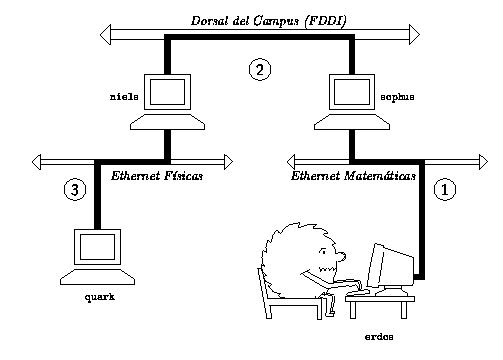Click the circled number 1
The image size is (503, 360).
coord(445,189)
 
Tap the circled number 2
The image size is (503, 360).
coord(260,69)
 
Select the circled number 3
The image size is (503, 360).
coord(75,189)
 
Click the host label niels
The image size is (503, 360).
coord(124,97)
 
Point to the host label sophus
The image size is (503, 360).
coord(397,97)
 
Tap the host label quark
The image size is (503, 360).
coord(100,297)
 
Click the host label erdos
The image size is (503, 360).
coord(379,337)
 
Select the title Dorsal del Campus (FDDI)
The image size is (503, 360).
coord(269,21)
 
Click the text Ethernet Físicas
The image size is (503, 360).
coord(157,176)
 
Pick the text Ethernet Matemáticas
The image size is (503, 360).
coord(353,176)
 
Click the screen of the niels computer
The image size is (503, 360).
coord(167,92)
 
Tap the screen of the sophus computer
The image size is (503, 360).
coord(352,92)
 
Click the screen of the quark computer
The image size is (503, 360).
coord(97,247)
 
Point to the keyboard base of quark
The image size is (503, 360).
coord(97,277)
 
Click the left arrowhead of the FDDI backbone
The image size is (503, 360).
coord(105,34)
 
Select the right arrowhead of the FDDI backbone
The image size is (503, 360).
coord(414,34)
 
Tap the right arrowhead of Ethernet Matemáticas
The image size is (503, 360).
coord(483,162)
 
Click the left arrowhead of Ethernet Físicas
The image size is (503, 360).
coord(36,162)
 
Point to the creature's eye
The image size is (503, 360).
coord(322,251)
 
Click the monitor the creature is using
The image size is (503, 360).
coord(390,267)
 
